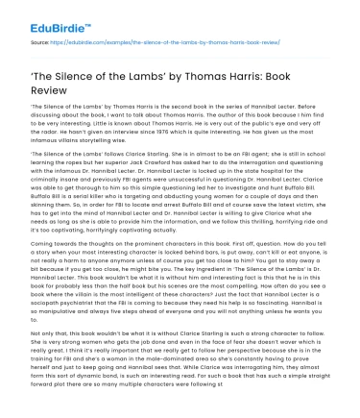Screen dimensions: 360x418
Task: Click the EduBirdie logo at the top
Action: point(38,15)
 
